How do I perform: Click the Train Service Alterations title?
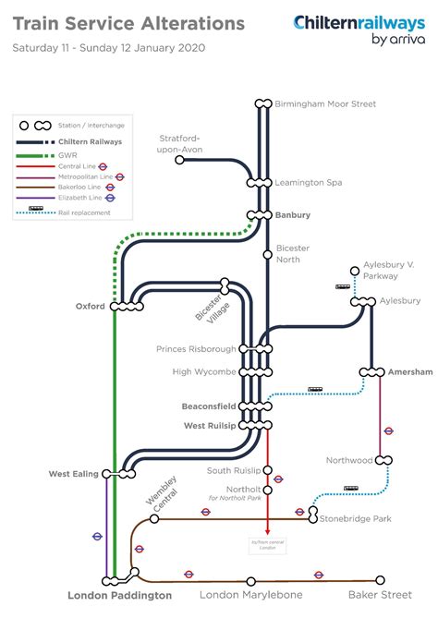[129, 23]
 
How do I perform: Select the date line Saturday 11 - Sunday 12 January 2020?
[109, 48]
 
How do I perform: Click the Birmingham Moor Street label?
[325, 104]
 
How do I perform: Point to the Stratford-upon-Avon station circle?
[180, 160]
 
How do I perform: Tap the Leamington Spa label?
[308, 183]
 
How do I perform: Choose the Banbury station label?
[293, 215]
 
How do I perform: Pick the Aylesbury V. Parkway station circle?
[353, 272]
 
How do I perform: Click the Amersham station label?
[409, 371]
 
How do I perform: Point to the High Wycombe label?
[205, 372]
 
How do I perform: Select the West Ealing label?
[73, 474]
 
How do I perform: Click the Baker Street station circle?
[380, 581]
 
